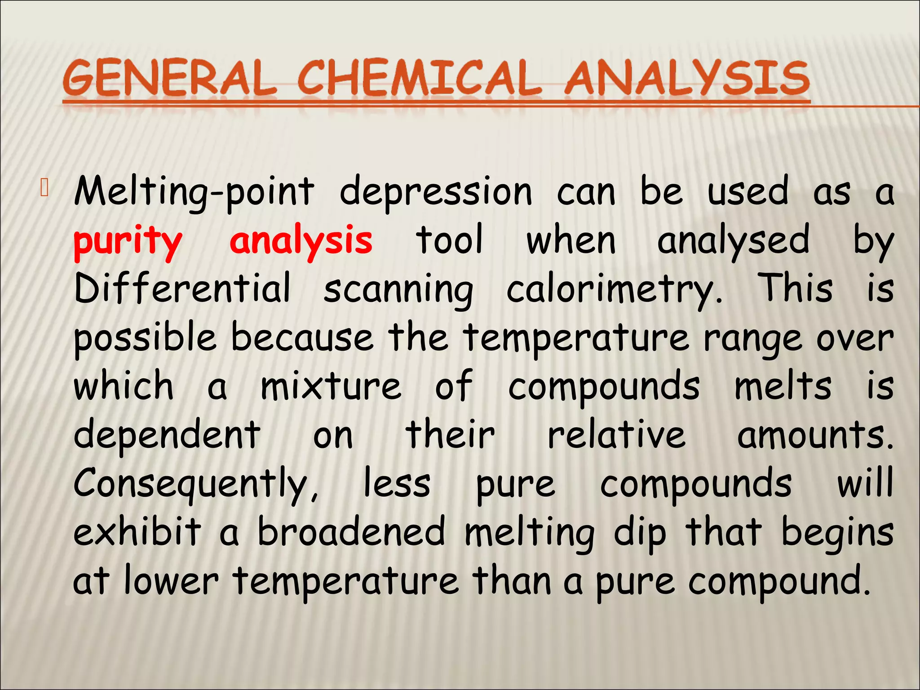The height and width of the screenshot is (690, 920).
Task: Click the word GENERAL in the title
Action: (x=170, y=79)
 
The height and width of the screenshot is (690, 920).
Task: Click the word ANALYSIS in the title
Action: (x=687, y=79)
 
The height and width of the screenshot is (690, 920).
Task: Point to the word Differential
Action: (x=182, y=288)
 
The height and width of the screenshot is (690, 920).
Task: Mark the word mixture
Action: (x=331, y=386)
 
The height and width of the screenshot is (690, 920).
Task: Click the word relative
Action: (x=616, y=435)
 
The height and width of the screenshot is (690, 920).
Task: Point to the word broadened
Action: (x=351, y=533)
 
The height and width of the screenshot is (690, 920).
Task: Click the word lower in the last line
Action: (x=171, y=581)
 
